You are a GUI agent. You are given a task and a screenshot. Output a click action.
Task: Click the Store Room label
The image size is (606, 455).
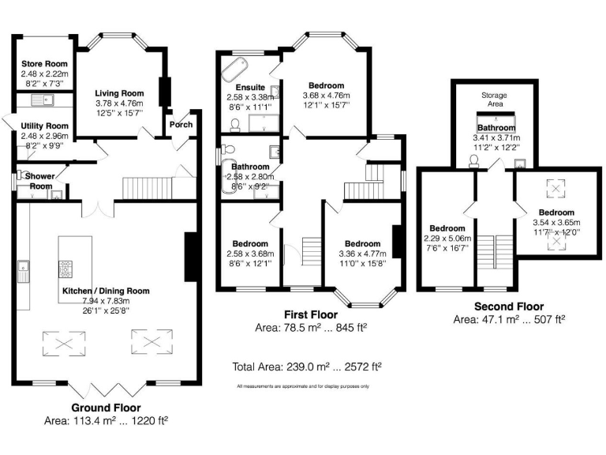[45, 63]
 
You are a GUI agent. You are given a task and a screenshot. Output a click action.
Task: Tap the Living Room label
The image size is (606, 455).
[119, 92]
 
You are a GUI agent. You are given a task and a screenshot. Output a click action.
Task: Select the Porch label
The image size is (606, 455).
[181, 123]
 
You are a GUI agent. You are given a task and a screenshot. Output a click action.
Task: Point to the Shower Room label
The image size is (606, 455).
[39, 176]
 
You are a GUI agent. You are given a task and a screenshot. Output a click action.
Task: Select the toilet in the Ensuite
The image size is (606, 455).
[236, 124]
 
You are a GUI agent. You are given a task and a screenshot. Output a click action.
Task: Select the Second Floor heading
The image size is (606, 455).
[508, 306]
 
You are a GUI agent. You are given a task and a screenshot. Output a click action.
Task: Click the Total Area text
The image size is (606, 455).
[307, 367]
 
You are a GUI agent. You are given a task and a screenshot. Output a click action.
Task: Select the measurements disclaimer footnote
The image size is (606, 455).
[302, 386]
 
